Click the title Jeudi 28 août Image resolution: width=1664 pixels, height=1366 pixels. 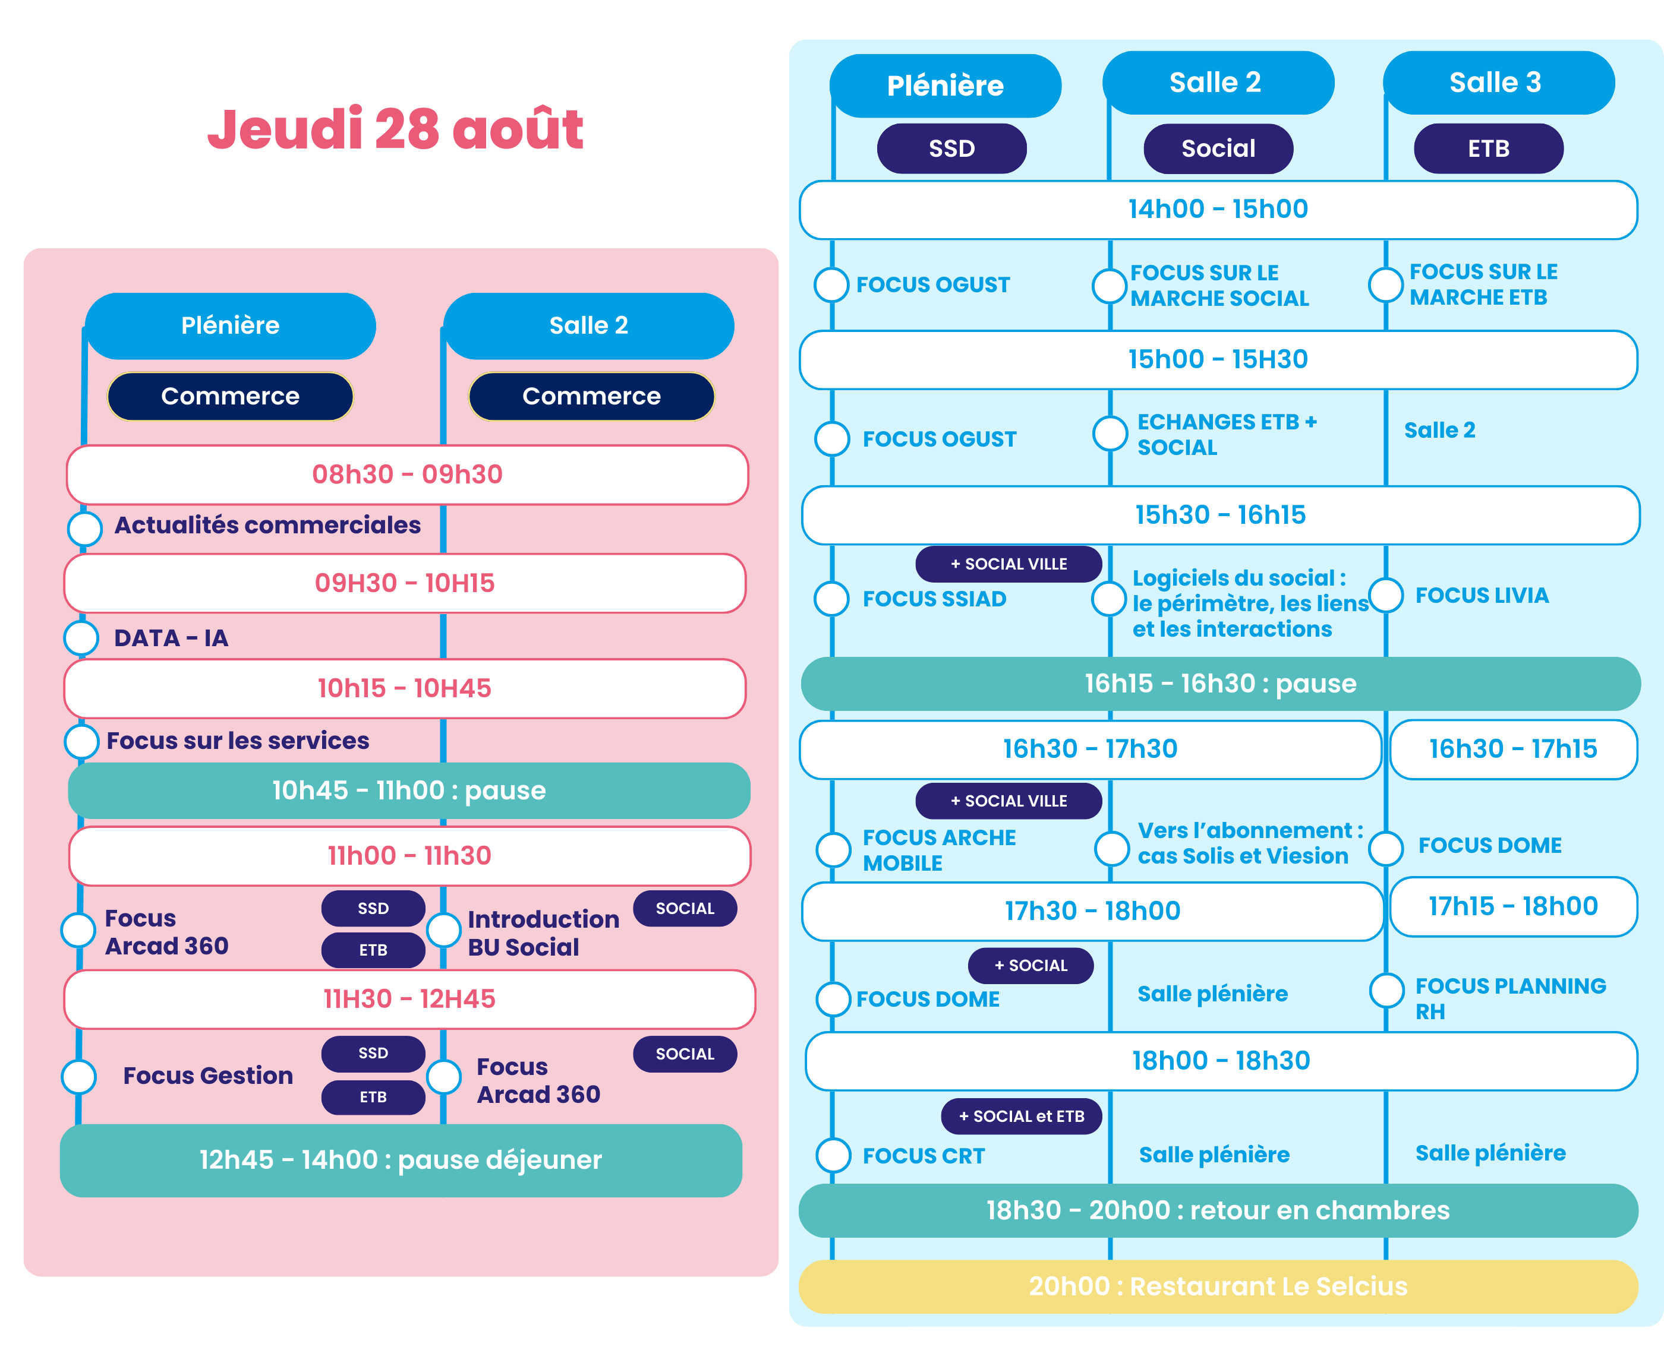pyautogui.click(x=395, y=128)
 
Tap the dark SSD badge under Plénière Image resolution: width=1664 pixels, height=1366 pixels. pyautogui.click(x=951, y=148)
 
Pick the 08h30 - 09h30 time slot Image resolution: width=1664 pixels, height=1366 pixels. pyautogui.click(x=407, y=475)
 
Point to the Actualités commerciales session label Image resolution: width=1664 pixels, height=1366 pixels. pyautogui.click(x=267, y=525)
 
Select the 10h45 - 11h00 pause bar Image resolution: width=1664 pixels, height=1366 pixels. pyautogui.click(x=408, y=790)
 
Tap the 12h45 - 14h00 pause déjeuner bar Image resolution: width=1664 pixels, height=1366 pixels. pyautogui.click(x=401, y=1160)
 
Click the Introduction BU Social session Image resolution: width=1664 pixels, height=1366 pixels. pyautogui.click(x=543, y=932)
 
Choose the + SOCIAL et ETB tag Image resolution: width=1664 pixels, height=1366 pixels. pyautogui.click(x=1021, y=1116)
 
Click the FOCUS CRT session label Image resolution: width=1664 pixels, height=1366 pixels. pyautogui.click(x=924, y=1156)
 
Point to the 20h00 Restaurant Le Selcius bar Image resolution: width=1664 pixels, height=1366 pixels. pyautogui.click(x=1218, y=1286)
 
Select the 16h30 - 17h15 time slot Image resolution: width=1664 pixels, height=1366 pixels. pyautogui.click(x=1513, y=749)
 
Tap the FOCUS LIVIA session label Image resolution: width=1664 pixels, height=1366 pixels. pyautogui.click(x=1482, y=596)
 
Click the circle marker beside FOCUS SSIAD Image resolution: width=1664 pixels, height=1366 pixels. pyautogui.click(x=832, y=599)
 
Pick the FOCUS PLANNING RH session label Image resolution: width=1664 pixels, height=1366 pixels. pyautogui.click(x=1509, y=998)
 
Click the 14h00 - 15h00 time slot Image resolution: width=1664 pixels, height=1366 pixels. pyautogui.click(x=1218, y=209)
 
